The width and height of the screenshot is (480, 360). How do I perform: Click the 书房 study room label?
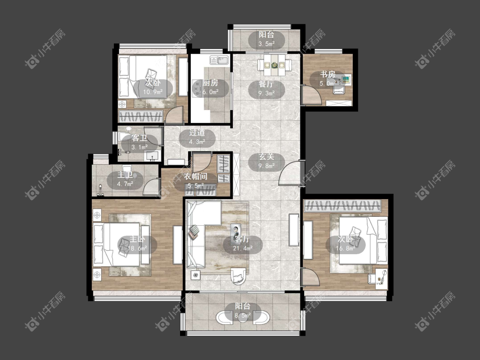pyautogui.click(x=328, y=74)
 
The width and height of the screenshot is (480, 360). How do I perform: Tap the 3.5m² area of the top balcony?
pyautogui.click(x=266, y=44)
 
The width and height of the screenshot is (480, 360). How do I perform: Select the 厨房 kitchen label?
pyautogui.click(x=210, y=83)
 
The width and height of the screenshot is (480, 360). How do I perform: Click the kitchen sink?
pyautogui.click(x=219, y=60)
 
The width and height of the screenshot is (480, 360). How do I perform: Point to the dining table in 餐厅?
pyautogui.click(x=275, y=64)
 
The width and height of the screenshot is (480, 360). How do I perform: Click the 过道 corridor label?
pyautogui.click(x=197, y=133)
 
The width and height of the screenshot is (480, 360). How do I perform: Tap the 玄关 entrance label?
pyautogui.click(x=266, y=157)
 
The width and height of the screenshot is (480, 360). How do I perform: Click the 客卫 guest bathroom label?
pyautogui.click(x=139, y=138)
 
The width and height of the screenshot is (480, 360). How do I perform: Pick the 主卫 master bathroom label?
pyautogui.click(x=125, y=175)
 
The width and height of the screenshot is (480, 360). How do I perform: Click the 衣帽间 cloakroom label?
pyautogui.click(x=196, y=176)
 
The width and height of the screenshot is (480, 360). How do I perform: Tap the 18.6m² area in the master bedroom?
pyautogui.click(x=137, y=248)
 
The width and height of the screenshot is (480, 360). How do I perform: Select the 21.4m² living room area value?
pyautogui.click(x=243, y=248)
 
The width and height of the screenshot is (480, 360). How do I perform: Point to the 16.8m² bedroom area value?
pyautogui.click(x=345, y=248)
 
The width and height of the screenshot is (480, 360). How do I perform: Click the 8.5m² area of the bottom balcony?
pyautogui.click(x=243, y=315)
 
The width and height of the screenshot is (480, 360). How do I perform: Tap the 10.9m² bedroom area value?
pyautogui.click(x=153, y=92)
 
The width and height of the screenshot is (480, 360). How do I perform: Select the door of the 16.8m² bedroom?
pyautogui.click(x=311, y=277)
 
